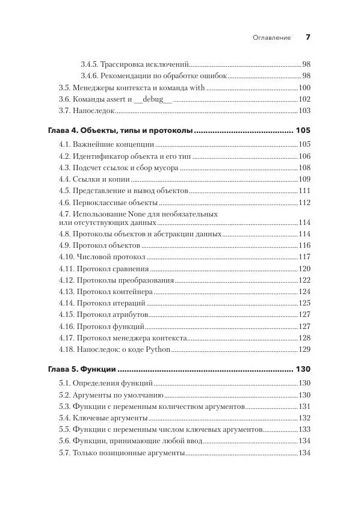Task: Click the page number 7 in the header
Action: [x=307, y=37]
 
